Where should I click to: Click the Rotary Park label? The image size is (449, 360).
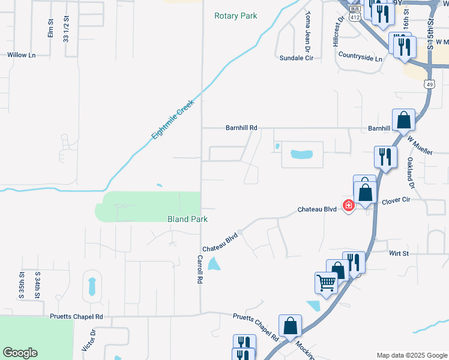(x=235, y=16)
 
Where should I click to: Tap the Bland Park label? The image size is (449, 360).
(x=187, y=220)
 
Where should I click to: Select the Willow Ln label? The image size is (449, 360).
(x=21, y=55)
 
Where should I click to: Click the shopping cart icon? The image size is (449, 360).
(x=326, y=282)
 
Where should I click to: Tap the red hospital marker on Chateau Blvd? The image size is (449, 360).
(x=348, y=206)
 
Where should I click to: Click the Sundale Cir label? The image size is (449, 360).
(x=297, y=58)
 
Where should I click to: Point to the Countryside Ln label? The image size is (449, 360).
(x=360, y=58)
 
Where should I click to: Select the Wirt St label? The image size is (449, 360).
(x=399, y=254)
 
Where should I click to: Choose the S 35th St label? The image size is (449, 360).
(x=22, y=286)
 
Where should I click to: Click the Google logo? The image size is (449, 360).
(x=20, y=353)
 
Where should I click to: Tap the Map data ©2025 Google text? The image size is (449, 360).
(x=411, y=355)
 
